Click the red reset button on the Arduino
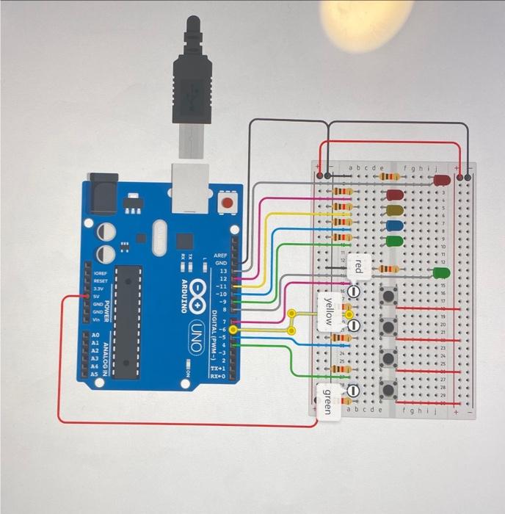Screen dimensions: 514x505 (228, 201)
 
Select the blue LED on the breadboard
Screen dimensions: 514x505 (395, 225)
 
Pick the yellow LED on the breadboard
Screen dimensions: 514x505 (395, 211)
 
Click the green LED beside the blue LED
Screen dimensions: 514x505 (395, 240)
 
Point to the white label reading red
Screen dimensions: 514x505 (357, 267)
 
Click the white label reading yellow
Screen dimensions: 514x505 (328, 311)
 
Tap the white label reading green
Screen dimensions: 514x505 (327, 400)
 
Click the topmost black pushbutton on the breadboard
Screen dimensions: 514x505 (387, 295)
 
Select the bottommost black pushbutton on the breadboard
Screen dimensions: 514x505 (387, 388)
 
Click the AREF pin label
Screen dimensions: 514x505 (220, 256)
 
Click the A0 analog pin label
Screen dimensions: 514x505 (95, 333)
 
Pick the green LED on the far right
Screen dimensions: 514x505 (441, 272)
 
